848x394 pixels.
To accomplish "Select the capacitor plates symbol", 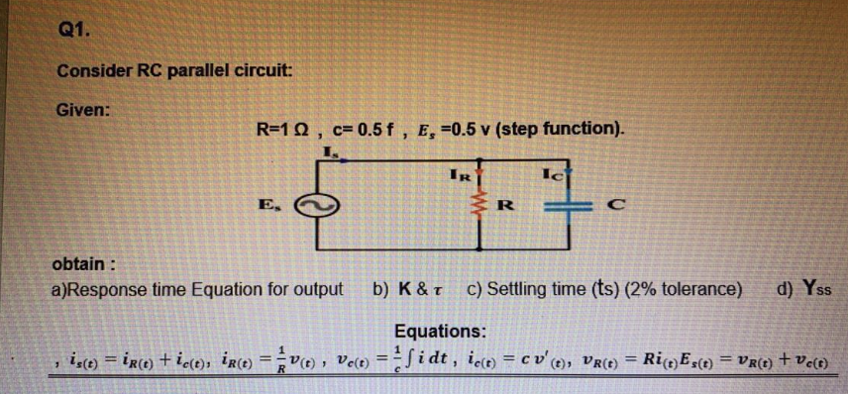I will (x=572, y=207).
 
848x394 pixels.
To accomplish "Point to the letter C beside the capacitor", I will (x=615, y=207).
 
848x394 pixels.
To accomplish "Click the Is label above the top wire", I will (x=329, y=151).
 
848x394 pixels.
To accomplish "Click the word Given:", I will (x=83, y=110).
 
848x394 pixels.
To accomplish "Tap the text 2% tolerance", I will (x=683, y=289).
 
